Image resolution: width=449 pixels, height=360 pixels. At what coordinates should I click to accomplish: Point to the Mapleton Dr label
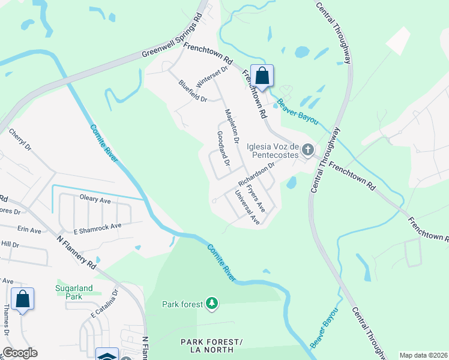click(232, 125)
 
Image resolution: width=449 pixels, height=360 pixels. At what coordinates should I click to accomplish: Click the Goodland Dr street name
click(222, 148)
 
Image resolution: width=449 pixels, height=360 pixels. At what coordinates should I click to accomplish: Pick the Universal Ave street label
click(247, 208)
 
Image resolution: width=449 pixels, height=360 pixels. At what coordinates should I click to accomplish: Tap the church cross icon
click(308, 149)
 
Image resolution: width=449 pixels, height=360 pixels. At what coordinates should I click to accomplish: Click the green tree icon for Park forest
click(211, 304)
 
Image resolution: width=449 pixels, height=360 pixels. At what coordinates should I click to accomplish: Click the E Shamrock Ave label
click(97, 226)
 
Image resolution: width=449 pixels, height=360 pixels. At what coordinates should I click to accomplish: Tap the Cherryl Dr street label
click(20, 142)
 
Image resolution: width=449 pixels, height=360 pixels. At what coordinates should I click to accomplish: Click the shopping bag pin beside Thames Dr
click(22, 299)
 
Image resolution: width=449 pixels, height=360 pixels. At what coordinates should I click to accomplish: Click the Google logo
click(20, 353)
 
